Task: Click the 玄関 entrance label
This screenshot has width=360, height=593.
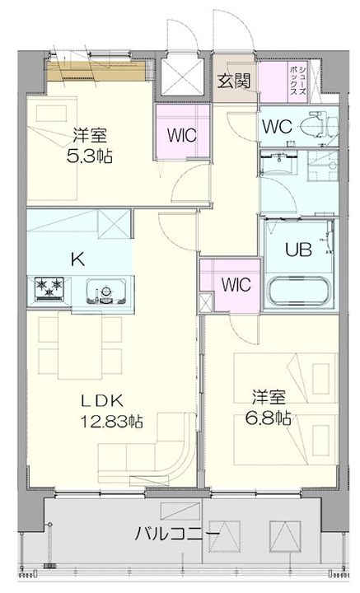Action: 234,81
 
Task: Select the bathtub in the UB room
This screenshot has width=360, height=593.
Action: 298,292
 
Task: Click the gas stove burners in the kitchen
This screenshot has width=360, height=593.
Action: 49,289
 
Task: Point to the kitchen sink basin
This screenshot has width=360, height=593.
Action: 106,292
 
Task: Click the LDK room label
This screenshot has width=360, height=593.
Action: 102,401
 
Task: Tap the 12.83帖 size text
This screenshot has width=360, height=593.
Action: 111,421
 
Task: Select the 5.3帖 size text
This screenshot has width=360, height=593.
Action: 89,156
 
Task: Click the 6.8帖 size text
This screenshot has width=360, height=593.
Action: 268,418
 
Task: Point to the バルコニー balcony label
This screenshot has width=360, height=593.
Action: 177,534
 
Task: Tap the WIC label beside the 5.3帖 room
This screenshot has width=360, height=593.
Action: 182,134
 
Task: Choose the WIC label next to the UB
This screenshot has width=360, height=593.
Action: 236,284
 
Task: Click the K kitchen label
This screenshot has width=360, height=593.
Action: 78,259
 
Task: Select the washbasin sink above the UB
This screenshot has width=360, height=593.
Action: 278,162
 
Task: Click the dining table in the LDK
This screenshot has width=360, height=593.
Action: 80,345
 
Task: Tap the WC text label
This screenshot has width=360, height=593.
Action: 277,127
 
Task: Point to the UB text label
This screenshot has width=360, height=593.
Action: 298,250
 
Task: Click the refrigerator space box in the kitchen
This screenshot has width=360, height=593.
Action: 114,223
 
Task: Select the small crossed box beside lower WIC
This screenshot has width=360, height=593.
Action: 206,303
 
